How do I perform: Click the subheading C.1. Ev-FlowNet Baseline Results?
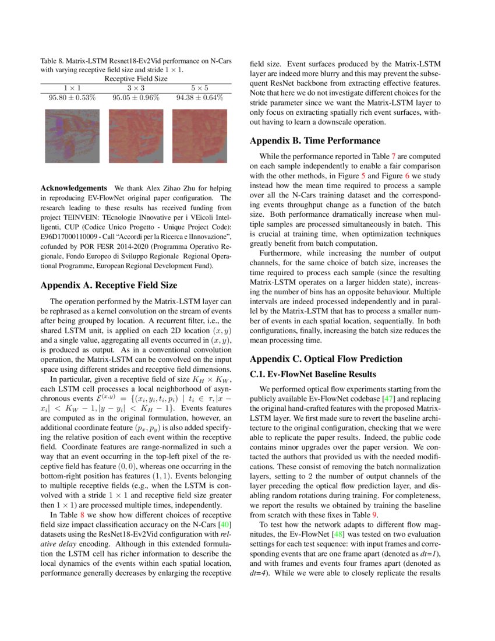point(313,374)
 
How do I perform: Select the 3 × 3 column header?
point(136,87)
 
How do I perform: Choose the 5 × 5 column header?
point(200,87)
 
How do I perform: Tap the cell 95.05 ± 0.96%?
point(136,97)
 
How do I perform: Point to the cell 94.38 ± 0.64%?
point(200,97)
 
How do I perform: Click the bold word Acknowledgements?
point(73,188)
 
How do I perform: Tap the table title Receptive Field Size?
point(136,78)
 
